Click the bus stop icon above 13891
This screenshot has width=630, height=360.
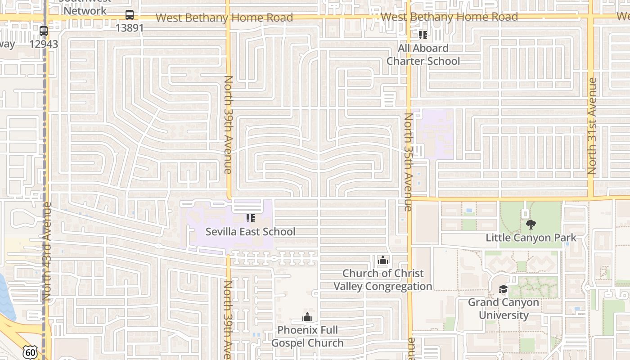click(130, 15)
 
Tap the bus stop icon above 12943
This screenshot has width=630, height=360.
click(44, 31)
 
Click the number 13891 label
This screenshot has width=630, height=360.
click(130, 28)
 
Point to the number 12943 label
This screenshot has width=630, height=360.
click(44, 44)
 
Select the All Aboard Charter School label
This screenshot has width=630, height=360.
click(423, 54)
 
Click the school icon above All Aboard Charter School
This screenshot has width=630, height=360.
click(423, 35)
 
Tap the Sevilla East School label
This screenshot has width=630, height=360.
click(251, 232)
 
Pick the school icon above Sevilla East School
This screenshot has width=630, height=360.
click(251, 218)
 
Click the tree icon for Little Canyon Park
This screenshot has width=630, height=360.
click(531, 224)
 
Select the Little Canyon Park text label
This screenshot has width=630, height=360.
click(531, 237)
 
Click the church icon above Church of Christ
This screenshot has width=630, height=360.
click(383, 260)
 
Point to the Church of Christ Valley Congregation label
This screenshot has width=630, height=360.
click(383, 279)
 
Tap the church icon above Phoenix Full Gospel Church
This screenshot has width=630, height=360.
click(307, 317)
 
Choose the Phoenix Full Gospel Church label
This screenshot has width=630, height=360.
click(307, 336)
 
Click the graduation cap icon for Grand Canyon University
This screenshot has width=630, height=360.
click(503, 289)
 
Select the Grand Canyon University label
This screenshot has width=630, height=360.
click(503, 308)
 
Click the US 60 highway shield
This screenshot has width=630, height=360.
click(30, 352)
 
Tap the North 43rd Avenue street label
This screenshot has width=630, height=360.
click(47, 252)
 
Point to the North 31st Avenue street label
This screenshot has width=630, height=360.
click(592, 126)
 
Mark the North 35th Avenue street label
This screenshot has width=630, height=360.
click(408, 162)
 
